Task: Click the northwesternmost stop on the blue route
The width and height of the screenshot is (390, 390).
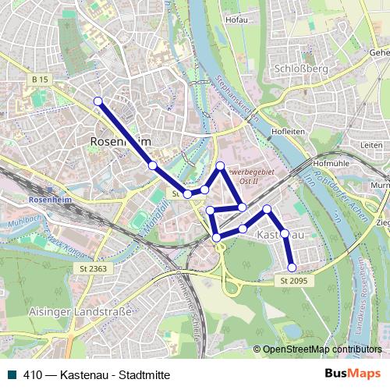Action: [98, 101]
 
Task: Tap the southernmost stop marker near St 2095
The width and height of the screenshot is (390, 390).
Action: [292, 268]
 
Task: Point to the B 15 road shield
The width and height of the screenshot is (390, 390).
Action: [41, 80]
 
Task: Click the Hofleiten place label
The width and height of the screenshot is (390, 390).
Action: [288, 132]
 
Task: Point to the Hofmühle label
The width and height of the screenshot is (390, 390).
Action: [328, 164]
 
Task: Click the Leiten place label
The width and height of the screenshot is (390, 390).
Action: [372, 145]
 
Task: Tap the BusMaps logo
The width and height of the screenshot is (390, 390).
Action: [353, 374]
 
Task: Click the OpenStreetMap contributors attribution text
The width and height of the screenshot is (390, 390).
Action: [322, 350]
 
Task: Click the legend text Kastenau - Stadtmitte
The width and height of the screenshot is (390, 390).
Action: [102, 374]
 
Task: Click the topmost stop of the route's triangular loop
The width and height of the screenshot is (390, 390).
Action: [221, 165]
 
